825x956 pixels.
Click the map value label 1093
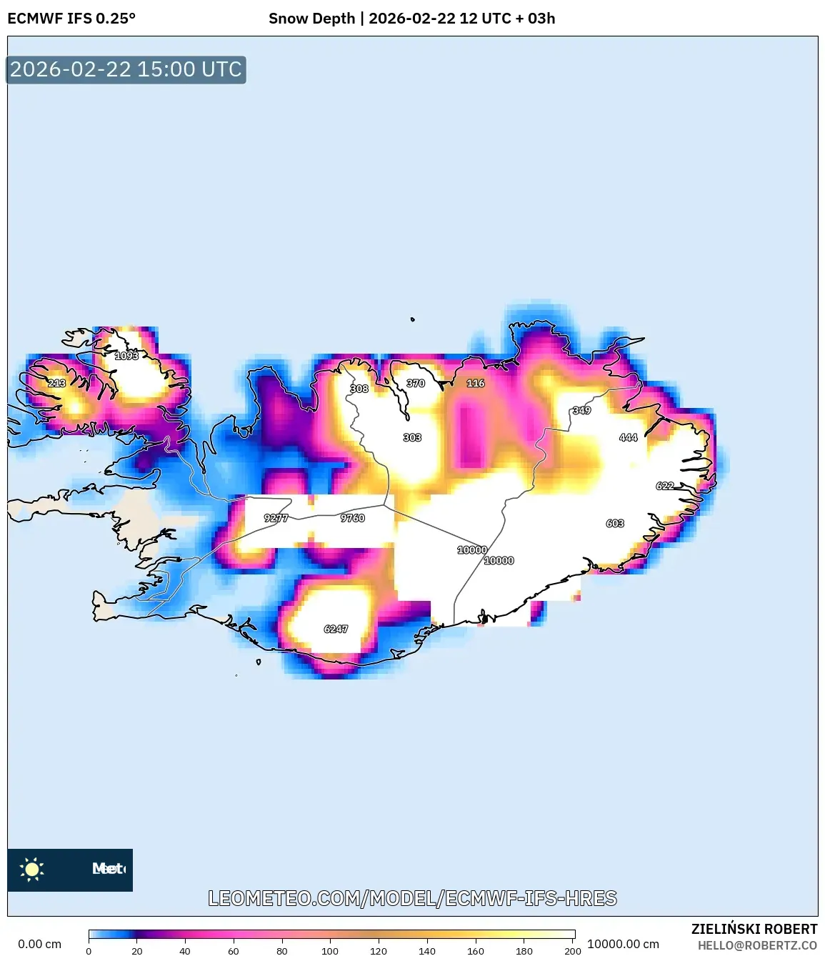pos(126,356)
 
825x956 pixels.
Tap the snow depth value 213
pos(56,383)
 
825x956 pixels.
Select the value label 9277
pos(276,518)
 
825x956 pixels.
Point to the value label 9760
pos(352,518)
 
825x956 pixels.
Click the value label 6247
pos(336,629)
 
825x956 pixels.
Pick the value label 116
pos(476,383)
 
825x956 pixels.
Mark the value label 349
pos(581,410)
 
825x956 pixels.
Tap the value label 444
pos(628,437)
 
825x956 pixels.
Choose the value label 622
pos(665,486)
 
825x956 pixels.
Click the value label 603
pos(615,523)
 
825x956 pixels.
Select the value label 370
pos(416,383)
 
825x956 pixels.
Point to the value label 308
pos(359,389)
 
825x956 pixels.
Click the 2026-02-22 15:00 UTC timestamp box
pos(126,69)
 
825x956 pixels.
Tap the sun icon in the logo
pos(32,869)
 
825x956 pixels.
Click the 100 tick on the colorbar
pos(330,950)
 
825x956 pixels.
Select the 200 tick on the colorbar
pos(573,950)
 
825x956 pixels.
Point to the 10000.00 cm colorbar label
pos(623,944)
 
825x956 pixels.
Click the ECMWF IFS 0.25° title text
pos(71,19)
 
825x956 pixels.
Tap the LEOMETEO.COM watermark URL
pos(412,898)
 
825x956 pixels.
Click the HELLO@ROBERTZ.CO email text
pos(757,945)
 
